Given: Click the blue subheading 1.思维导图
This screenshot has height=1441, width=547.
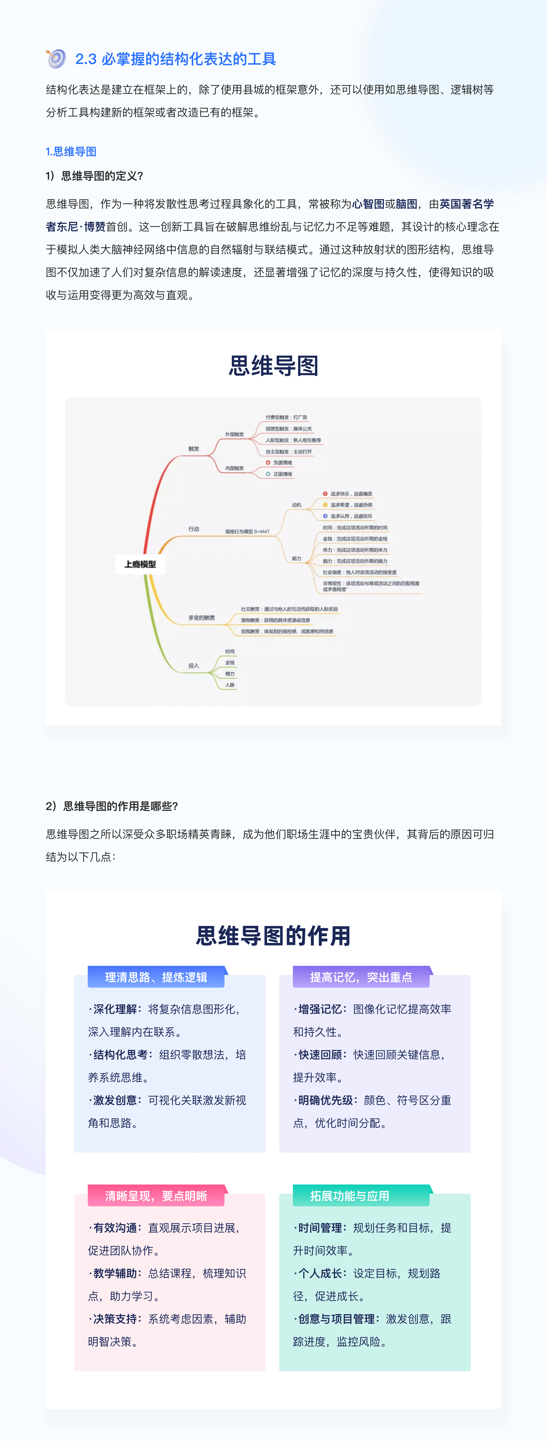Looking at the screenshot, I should pyautogui.click(x=71, y=152).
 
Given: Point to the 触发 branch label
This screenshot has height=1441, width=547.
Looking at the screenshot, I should pyautogui.click(x=194, y=449).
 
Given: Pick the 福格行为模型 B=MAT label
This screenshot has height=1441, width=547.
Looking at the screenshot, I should pyautogui.click(x=248, y=531).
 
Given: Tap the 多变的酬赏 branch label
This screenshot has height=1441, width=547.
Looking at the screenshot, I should pyautogui.click(x=201, y=618).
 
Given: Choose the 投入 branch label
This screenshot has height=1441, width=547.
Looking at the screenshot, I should pyautogui.click(x=194, y=666).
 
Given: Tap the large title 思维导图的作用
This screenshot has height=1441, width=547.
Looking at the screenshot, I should pyautogui.click(x=273, y=935).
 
